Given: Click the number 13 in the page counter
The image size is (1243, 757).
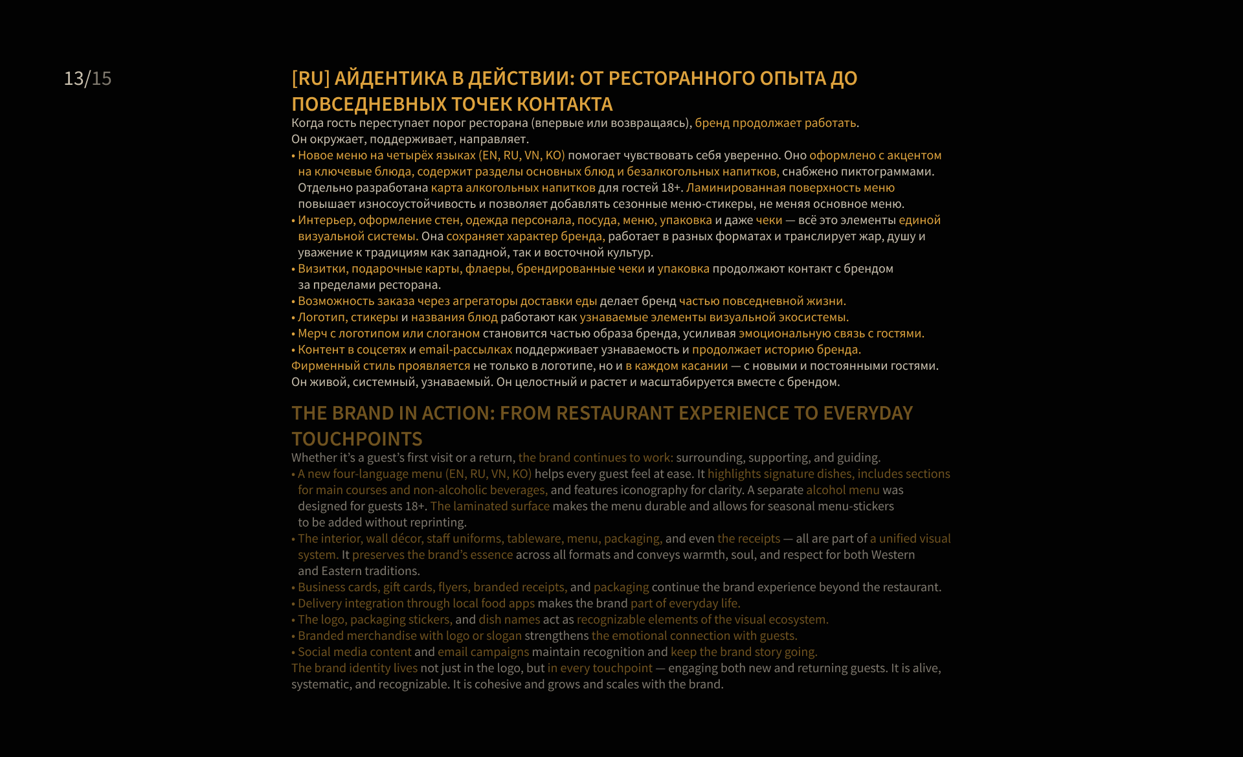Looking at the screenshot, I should tap(73, 78).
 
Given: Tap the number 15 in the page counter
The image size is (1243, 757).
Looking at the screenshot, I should tap(102, 78).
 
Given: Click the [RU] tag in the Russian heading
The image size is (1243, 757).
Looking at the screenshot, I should tap(311, 78).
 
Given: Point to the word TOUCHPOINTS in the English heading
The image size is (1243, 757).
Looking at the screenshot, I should tap(357, 439).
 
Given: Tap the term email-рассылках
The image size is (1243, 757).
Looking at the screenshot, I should tap(465, 350).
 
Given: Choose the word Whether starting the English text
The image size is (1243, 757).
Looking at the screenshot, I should tap(314, 458).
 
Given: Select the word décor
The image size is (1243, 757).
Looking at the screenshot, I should tap(406, 539).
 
